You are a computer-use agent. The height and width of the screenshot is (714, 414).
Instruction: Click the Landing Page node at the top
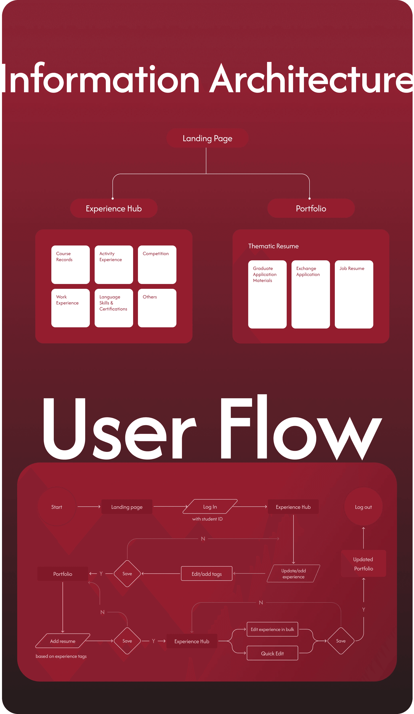point(207,138)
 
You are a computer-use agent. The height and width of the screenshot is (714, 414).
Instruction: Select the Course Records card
point(71,264)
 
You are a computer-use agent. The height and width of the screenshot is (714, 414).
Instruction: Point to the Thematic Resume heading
point(273,246)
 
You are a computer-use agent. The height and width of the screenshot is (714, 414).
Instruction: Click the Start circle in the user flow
point(57,507)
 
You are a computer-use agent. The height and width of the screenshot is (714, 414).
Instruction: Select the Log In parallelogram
point(210,507)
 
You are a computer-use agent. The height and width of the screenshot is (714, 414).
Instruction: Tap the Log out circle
point(363,507)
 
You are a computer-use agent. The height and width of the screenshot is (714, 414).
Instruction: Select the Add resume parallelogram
point(63,641)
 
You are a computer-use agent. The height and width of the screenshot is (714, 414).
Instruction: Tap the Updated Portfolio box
point(363,564)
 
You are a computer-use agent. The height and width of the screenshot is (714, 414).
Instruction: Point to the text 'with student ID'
point(207,519)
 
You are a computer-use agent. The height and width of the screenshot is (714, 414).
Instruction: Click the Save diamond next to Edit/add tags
point(127,573)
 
